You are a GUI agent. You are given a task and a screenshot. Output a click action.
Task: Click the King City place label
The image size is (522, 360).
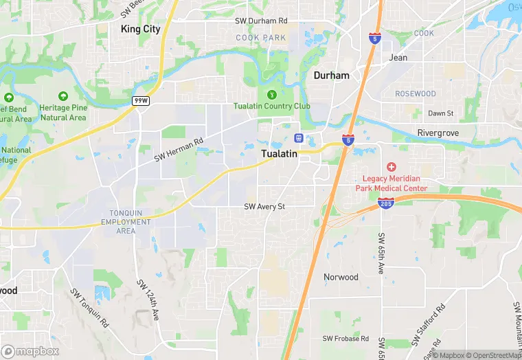point(140,29)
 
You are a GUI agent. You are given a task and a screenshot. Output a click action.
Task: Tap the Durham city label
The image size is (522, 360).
point(332,75)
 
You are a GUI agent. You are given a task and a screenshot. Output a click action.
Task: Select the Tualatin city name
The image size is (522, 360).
point(280,154)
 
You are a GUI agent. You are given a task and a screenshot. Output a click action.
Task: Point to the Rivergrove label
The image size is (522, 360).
point(438,133)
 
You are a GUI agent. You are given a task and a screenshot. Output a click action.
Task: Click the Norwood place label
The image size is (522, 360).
point(341,277)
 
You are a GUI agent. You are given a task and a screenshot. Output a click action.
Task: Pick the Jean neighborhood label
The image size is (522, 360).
point(398,58)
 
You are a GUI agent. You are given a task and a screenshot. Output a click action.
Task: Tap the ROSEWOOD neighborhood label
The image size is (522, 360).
point(416,93)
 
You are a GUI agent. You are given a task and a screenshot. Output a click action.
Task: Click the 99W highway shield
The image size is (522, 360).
point(141,101)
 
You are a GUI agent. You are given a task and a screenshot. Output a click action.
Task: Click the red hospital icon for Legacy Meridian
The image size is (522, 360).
point(391,167)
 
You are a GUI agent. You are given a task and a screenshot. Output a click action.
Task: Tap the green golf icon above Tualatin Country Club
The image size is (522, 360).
point(272,94)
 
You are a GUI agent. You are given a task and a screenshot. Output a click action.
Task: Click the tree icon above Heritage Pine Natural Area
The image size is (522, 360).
point(63,97)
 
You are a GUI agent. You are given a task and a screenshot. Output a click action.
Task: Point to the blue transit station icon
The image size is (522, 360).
point(299,137)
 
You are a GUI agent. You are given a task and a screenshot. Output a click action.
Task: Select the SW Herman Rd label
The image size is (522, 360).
point(179,148)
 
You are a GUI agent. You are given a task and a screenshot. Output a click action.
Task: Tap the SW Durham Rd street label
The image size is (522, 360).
point(261,21)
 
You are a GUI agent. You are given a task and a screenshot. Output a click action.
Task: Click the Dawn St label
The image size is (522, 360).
point(441,113)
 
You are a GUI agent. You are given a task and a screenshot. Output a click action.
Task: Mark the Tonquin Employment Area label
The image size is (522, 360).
point(126,222)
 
